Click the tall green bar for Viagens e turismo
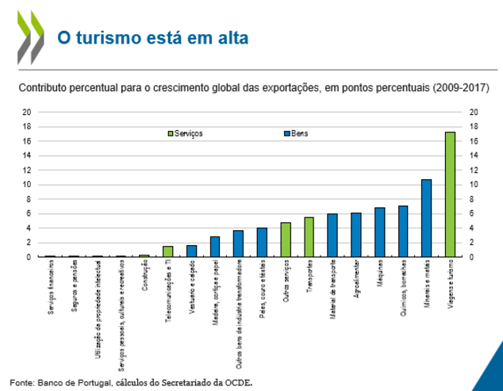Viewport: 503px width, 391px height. (450, 194)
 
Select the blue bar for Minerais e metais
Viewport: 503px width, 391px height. (426, 218)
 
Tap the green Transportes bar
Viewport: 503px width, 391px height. (309, 237)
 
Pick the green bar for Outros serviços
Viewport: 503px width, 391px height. (285, 240)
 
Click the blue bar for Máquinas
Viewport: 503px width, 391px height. (379, 232)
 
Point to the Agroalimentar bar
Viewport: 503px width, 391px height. (355, 235)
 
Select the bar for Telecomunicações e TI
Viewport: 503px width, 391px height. (167, 251)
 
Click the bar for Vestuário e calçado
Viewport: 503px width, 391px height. (191, 251)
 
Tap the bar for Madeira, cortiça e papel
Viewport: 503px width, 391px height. (214, 247)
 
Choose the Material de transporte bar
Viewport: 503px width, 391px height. (332, 236)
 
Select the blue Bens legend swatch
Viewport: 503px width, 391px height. (286, 134)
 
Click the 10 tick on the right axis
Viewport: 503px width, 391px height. (474, 185)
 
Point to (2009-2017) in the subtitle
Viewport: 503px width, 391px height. (463, 86)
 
